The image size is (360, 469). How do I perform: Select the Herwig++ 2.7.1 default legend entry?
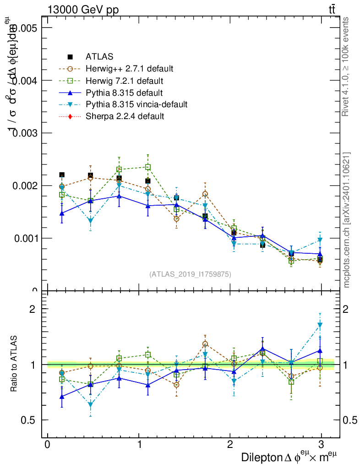pos(129,69)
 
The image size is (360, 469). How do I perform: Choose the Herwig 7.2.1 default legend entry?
pos(124,81)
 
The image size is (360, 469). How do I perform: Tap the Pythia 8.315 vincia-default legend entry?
pos(136,104)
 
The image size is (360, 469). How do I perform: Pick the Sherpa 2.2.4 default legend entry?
pos(125,116)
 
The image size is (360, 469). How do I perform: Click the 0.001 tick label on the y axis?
pos(24,238)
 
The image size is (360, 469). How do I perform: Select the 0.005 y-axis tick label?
pos(24,28)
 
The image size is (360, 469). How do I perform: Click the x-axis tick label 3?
pos(321,445)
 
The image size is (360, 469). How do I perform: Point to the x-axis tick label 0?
pos(48,445)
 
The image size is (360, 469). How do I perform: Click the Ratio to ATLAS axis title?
pos(15,365)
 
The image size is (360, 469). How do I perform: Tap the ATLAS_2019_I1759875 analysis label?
pos(190,274)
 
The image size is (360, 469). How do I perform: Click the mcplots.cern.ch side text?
pos(347,220)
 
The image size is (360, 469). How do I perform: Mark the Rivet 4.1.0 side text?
pos(347,66)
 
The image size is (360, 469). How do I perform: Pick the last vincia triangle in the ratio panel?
pos(320,326)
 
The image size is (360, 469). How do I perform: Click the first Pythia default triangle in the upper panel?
pos(62,213)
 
